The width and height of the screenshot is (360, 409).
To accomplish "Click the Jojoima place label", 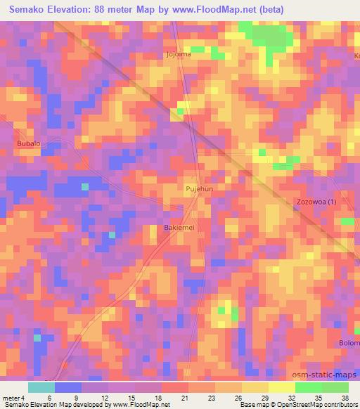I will click(179, 54).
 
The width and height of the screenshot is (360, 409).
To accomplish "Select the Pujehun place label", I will click(198, 189).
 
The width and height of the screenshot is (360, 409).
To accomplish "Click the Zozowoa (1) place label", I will click(316, 202).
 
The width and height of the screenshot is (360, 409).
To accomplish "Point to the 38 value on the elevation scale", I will click(345, 397).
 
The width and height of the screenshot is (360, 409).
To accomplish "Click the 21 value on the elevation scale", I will click(165, 397).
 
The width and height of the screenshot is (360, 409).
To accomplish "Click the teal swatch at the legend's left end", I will click(41, 387).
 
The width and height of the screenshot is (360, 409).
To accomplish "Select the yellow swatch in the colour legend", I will click(282, 387).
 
